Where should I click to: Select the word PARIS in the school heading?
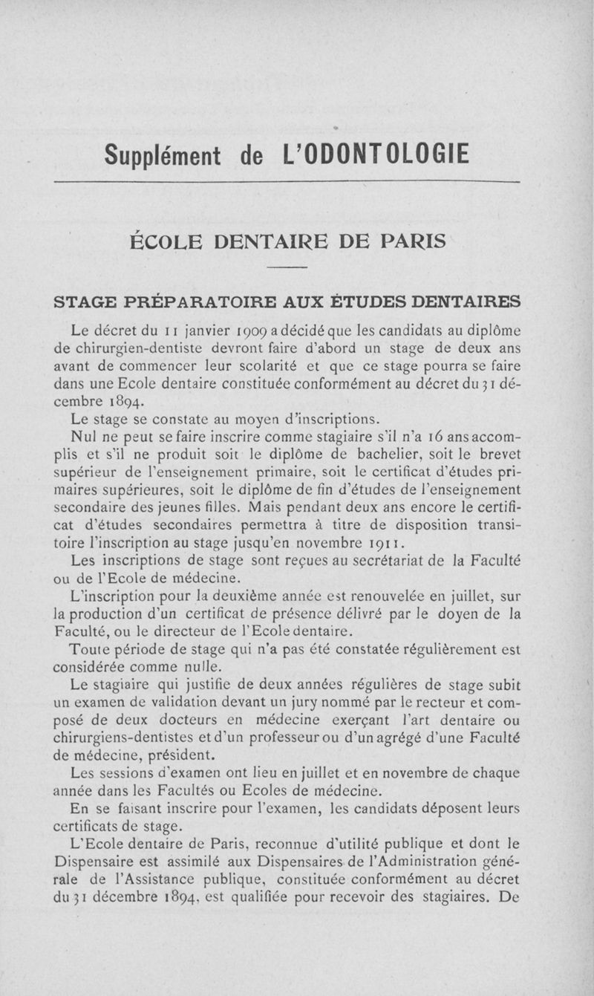click(407, 241)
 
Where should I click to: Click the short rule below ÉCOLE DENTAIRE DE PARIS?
click(287, 267)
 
